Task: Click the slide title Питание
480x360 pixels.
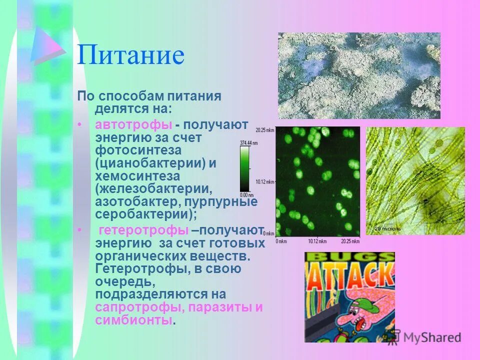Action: click(130, 55)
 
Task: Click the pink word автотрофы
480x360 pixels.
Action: click(134, 124)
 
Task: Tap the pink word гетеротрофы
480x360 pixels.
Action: click(144, 230)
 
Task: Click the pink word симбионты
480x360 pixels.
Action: click(133, 320)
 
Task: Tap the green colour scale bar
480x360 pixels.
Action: click(244, 169)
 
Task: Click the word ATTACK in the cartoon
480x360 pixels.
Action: click(349, 273)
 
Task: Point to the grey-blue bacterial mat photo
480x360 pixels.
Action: click(359, 75)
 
